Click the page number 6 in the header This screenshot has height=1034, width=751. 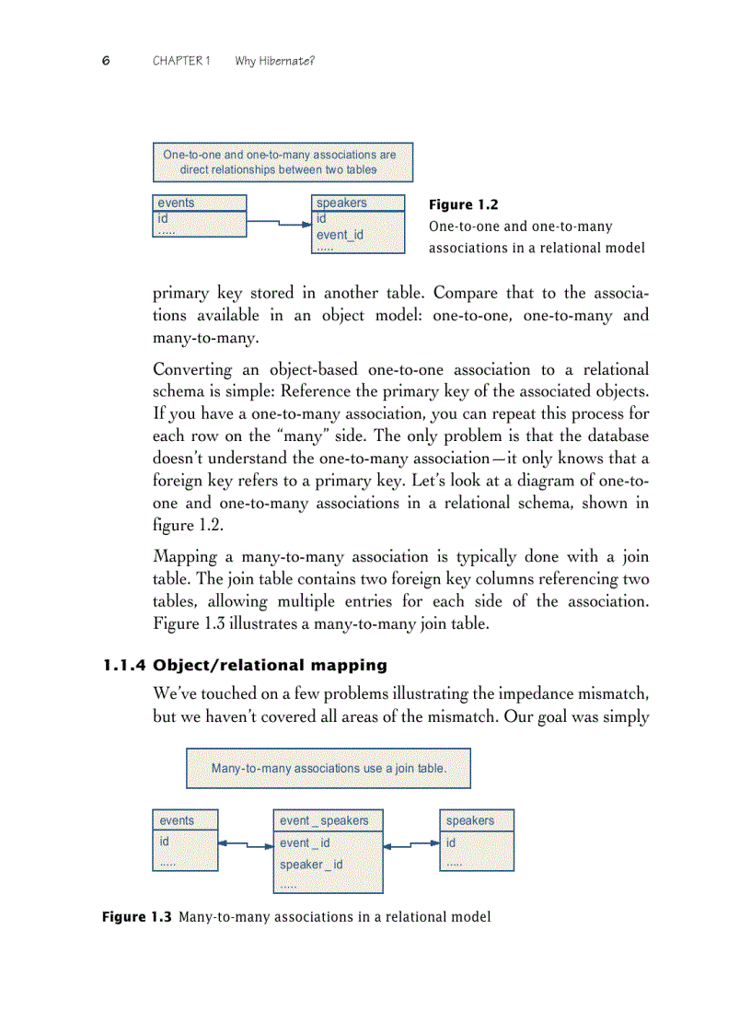(106, 61)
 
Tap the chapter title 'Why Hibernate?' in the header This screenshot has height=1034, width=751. (275, 61)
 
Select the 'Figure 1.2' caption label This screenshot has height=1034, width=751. (464, 205)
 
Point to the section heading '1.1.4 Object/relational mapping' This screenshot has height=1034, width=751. (245, 665)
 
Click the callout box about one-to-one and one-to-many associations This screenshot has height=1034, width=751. (282, 162)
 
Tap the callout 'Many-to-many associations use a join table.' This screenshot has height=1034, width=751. (329, 768)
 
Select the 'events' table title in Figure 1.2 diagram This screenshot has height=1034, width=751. (177, 203)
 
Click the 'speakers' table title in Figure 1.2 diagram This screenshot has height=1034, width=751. (341, 203)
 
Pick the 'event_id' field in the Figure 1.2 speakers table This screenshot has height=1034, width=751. (340, 235)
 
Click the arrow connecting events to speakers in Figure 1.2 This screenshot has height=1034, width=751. (280, 222)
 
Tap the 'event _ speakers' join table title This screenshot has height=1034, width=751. (324, 820)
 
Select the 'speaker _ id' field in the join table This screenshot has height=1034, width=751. (311, 865)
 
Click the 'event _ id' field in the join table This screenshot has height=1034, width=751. (305, 842)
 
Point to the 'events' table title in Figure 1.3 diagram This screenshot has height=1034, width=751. (178, 820)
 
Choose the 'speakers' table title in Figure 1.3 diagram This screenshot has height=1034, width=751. (470, 820)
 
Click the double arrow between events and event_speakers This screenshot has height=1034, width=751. (246, 843)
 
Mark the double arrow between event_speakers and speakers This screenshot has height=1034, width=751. (411, 843)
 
